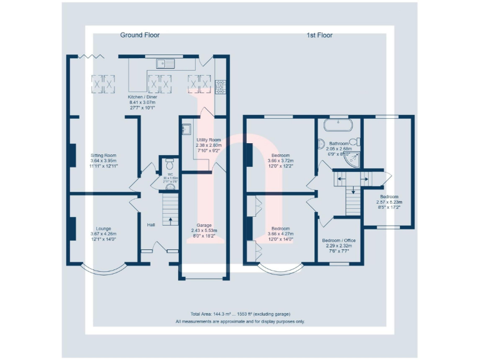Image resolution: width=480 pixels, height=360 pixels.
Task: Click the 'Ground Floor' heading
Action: click(139, 35)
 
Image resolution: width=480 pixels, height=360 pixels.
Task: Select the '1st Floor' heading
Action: click(319, 35)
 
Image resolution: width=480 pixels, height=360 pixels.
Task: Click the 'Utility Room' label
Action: click(209, 140)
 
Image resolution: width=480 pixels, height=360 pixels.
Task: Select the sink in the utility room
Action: click(186, 129)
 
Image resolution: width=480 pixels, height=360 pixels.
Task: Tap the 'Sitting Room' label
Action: click(104, 155)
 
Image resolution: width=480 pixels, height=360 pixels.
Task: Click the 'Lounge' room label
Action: click(104, 228)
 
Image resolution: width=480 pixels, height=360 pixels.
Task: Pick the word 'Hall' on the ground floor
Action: click(151, 225)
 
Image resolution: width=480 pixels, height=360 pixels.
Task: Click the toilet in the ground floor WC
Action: click(167, 164)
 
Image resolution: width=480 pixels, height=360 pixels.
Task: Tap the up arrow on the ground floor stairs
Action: click(168, 221)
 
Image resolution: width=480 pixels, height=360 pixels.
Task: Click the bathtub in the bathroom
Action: click(339, 124)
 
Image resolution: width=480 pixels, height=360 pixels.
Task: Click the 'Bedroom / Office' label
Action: click(339, 240)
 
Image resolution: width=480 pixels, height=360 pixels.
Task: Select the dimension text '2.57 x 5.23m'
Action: click(389, 202)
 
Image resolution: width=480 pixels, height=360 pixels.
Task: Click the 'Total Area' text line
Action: click(240, 314)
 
